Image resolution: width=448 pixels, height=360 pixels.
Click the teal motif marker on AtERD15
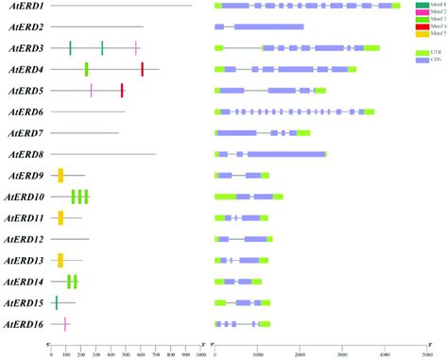pyautogui.click(x=56, y=302)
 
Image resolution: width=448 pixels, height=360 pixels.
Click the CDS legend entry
pyautogui.click(x=427, y=60)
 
